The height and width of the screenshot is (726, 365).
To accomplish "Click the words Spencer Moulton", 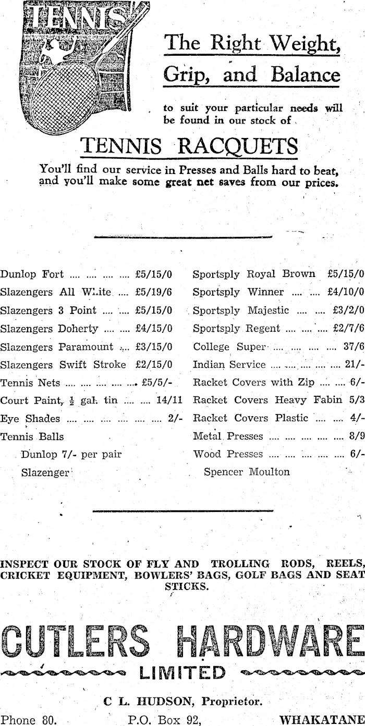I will [247, 472].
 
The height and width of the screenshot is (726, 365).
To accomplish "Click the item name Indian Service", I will [229, 365].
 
